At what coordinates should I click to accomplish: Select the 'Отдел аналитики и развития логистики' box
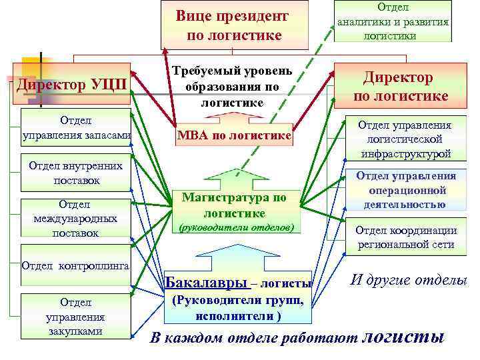click(393, 21)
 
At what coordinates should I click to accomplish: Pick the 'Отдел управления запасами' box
click(75, 128)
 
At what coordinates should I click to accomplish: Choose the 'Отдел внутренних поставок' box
click(77, 172)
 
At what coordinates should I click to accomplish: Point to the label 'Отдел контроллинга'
click(75, 265)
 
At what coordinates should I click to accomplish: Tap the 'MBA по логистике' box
click(233, 136)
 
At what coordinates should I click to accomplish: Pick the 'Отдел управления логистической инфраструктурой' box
click(404, 139)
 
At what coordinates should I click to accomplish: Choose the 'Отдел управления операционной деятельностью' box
click(404, 190)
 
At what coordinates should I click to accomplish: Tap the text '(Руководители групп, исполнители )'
click(231, 307)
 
